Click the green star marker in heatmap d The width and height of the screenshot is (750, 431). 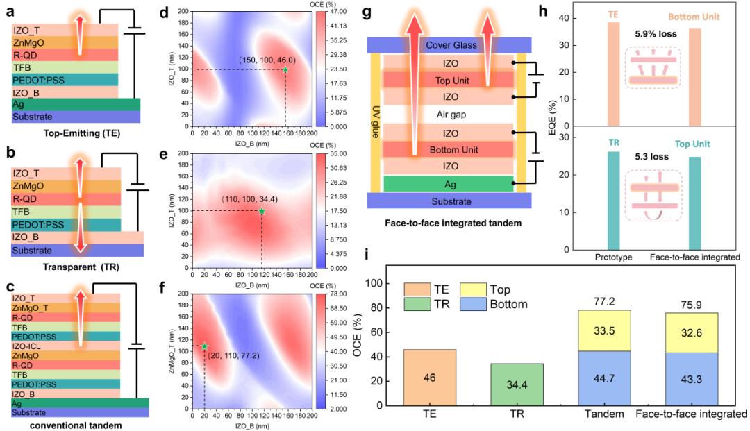285,69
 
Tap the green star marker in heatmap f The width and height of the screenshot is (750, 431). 204,346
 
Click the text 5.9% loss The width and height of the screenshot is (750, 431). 652,33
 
